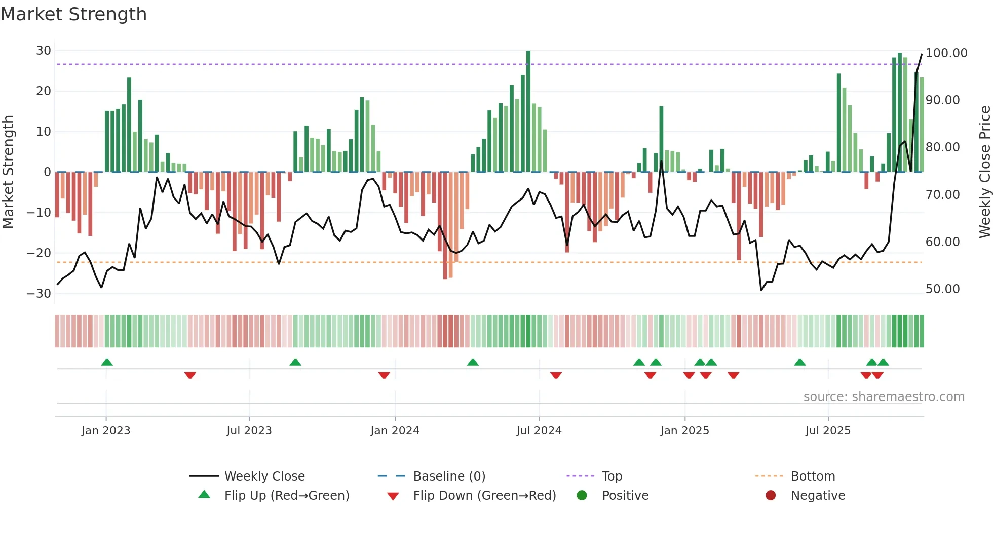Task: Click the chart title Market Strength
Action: click(73, 14)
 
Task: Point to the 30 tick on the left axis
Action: click(44, 51)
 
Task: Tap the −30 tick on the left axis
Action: click(39, 294)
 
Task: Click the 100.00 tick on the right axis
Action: click(946, 53)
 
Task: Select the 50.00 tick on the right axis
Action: click(942, 289)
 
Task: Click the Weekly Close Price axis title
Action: click(984, 172)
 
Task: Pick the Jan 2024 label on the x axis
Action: click(395, 431)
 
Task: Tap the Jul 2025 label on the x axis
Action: click(828, 431)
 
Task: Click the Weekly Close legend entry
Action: click(264, 476)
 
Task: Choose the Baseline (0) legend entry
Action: click(449, 476)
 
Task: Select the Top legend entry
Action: click(612, 476)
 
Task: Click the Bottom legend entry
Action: click(813, 476)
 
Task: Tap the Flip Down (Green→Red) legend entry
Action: click(484, 496)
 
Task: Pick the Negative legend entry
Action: click(818, 496)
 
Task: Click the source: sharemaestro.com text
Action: click(884, 397)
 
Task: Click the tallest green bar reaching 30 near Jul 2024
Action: click(528, 111)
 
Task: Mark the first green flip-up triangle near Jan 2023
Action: click(107, 363)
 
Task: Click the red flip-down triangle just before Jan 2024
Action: click(384, 375)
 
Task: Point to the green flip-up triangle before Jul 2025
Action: click(800, 363)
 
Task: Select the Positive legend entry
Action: click(625, 496)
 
